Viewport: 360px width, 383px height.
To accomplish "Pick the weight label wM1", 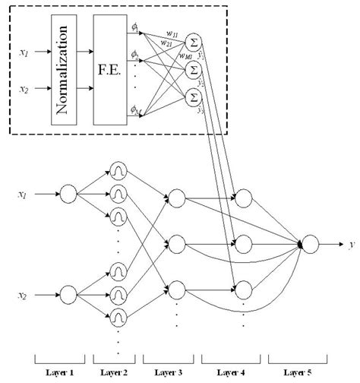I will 185,55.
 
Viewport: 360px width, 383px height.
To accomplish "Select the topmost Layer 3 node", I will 176,198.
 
